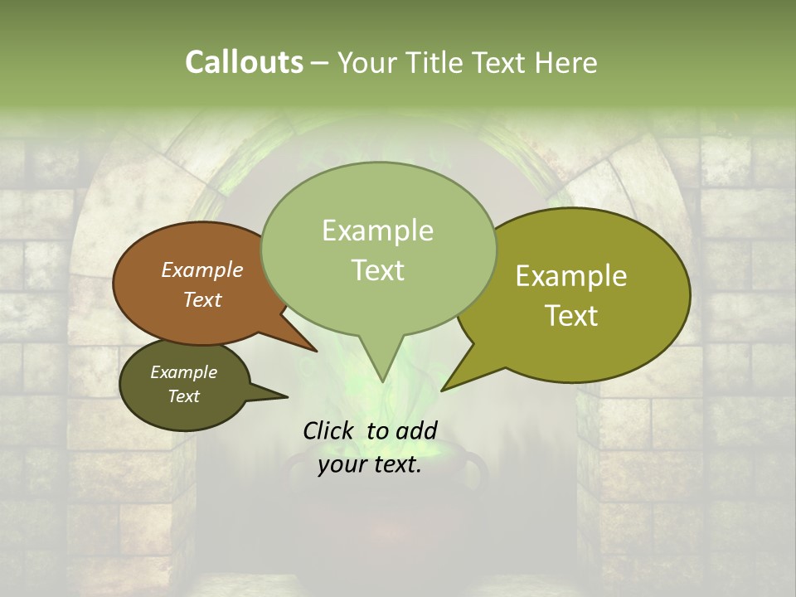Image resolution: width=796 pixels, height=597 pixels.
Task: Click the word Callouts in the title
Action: coord(244,62)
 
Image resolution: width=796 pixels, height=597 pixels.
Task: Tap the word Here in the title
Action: coord(566,62)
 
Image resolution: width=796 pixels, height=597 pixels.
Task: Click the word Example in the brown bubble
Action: coord(202,269)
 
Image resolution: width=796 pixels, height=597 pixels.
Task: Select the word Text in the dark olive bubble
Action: coord(184,396)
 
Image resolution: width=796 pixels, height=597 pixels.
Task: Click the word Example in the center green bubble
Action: coord(377,231)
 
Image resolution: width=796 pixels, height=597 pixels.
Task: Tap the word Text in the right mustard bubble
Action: coord(572,316)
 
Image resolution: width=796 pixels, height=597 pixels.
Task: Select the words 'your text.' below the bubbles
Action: coord(370,465)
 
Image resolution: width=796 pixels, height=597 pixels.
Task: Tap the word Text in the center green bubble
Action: coord(377,270)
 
